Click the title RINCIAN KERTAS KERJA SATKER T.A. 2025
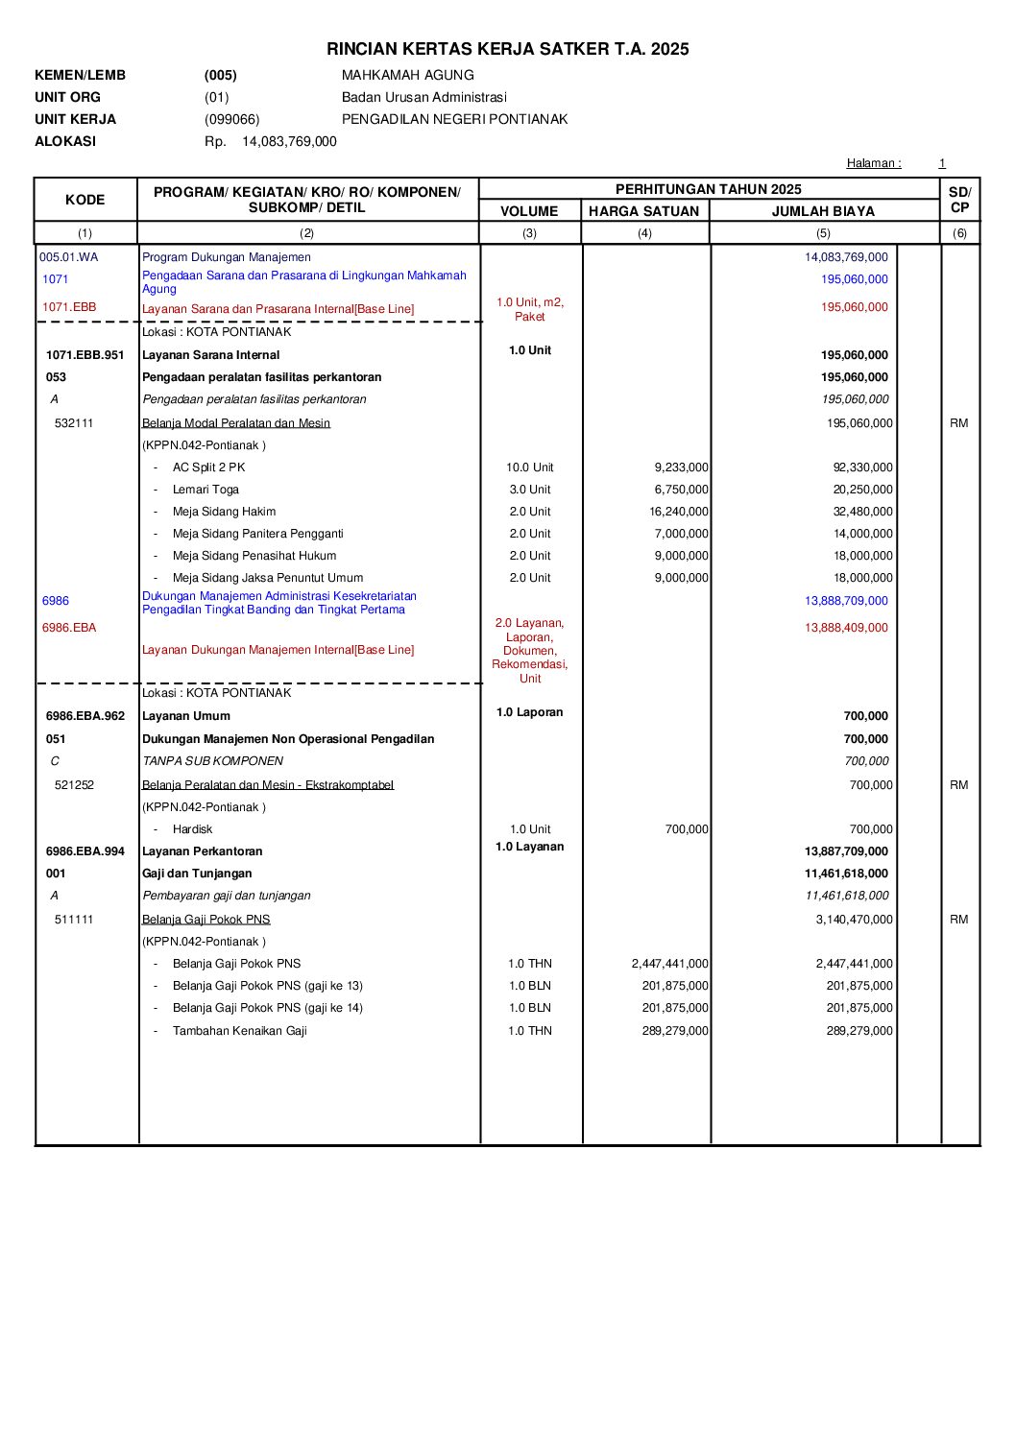click(507, 49)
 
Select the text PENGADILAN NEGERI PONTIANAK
click(454, 119)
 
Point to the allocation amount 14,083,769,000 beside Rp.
click(289, 141)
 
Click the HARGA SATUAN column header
click(643, 211)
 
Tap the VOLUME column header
click(529, 211)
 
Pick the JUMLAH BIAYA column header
click(823, 211)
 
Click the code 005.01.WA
click(68, 257)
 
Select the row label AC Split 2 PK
click(208, 467)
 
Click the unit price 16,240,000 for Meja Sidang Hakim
click(678, 512)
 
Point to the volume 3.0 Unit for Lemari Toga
click(529, 490)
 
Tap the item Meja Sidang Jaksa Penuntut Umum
click(267, 578)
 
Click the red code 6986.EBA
click(69, 628)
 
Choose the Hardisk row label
click(192, 829)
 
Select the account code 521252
click(74, 785)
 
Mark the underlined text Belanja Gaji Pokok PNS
click(206, 920)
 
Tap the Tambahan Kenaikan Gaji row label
click(239, 1031)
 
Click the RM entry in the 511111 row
click(958, 920)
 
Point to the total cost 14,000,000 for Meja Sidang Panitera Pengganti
click(862, 534)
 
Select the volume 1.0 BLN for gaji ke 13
click(529, 986)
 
